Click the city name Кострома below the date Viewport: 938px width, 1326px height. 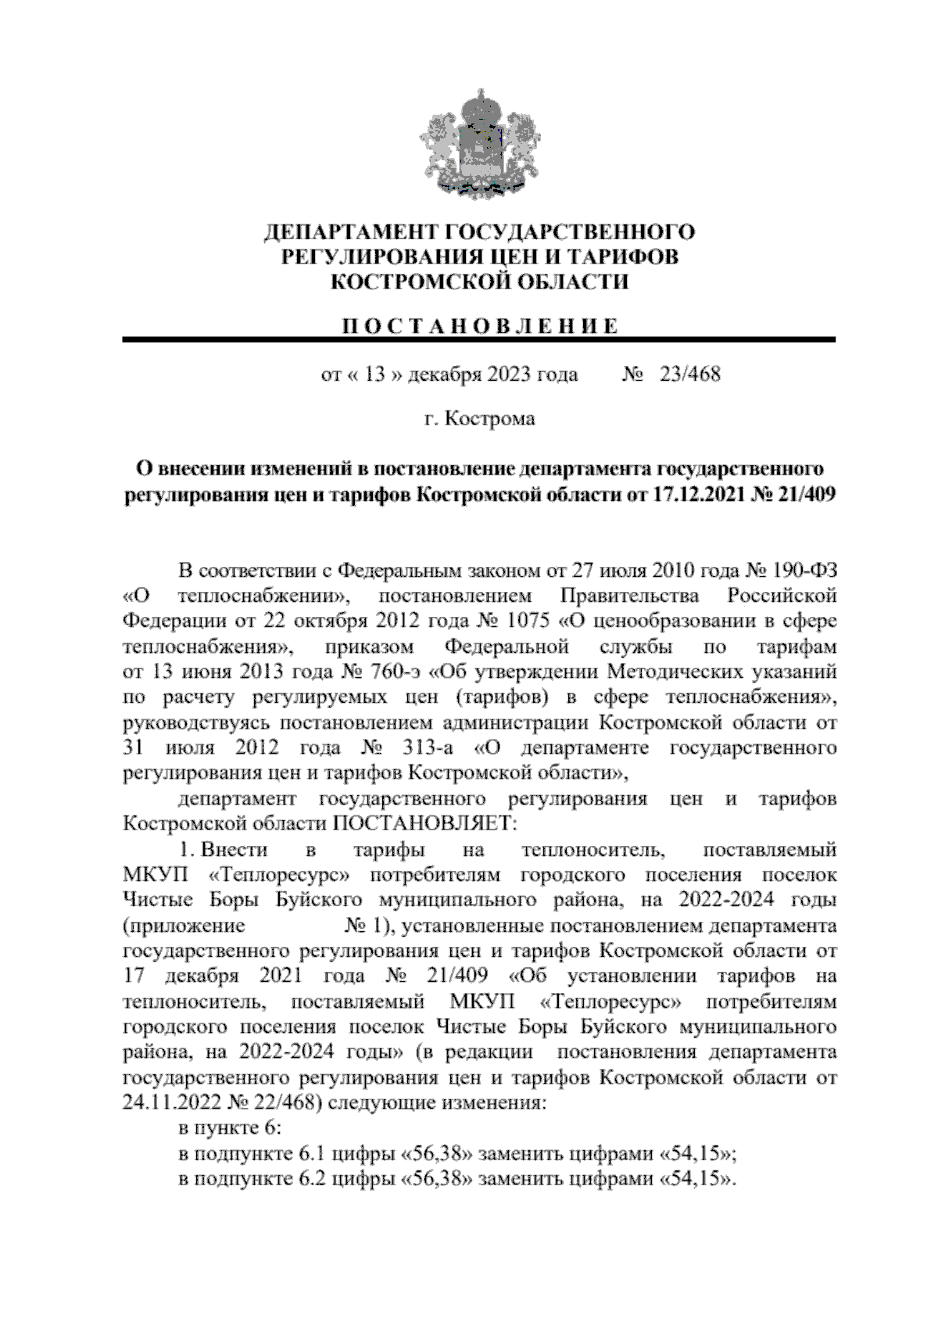(490, 419)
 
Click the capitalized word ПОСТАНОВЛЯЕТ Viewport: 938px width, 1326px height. (425, 824)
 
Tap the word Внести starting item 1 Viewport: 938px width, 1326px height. (235, 850)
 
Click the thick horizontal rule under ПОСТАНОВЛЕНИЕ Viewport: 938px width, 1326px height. (478, 340)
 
